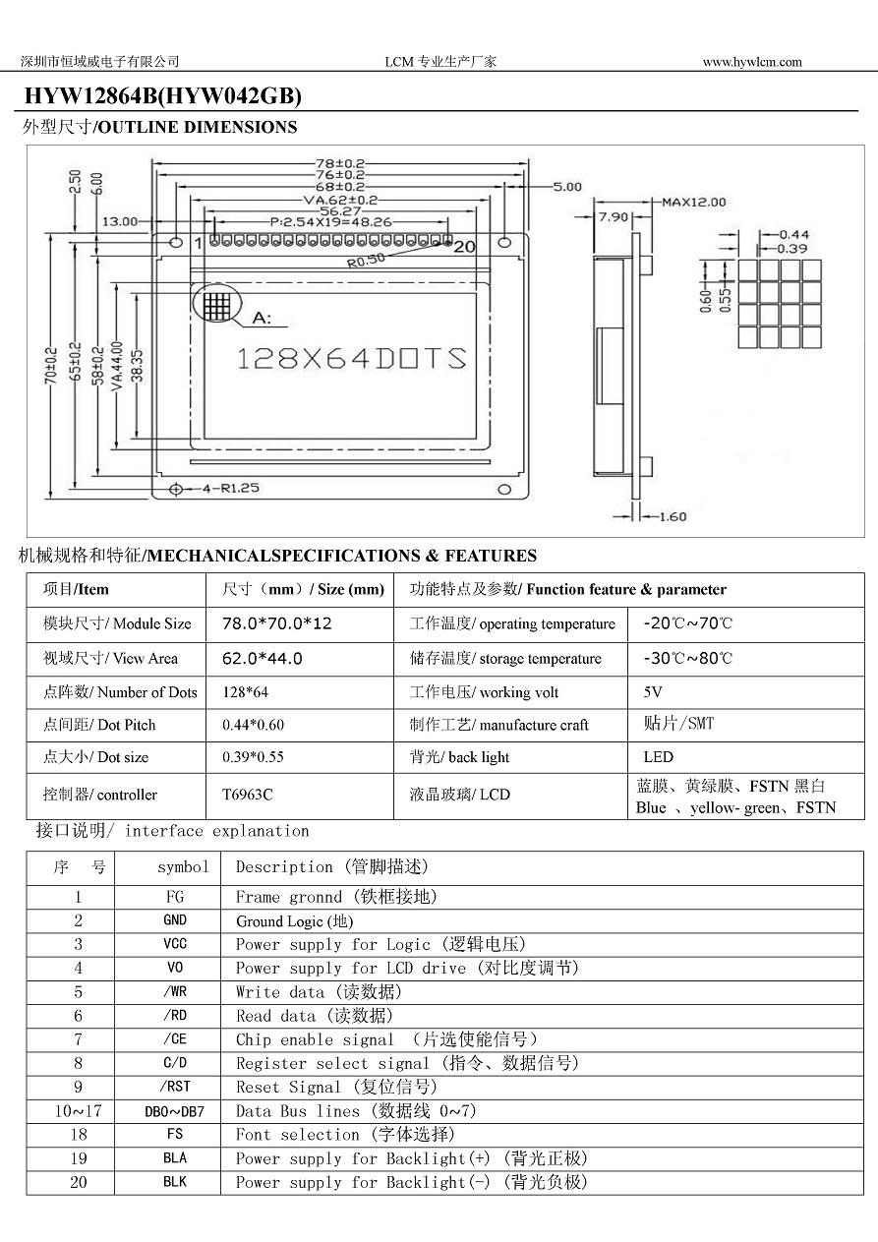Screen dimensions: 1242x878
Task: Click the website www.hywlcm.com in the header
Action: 752,62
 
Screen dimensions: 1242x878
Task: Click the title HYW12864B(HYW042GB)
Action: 162,96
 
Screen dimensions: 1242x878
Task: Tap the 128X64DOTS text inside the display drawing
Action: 351,358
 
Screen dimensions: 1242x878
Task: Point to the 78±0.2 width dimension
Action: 340,163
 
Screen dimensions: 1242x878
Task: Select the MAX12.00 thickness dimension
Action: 693,203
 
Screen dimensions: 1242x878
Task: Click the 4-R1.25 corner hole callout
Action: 230,488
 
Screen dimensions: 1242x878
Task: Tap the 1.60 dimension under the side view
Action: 673,516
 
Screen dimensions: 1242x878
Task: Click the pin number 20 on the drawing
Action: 464,247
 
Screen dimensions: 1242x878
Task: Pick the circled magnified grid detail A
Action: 217,304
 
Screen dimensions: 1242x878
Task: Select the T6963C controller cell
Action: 248,795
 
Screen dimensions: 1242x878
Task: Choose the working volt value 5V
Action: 653,692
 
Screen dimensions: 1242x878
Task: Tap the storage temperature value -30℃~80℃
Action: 687,658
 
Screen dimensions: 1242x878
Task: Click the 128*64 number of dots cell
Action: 246,692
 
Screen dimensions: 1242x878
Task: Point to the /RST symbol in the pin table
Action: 175,1087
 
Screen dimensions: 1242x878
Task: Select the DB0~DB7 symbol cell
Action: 175,1111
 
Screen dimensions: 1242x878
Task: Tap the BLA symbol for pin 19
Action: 175,1158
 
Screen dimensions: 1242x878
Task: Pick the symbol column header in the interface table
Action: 183,867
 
